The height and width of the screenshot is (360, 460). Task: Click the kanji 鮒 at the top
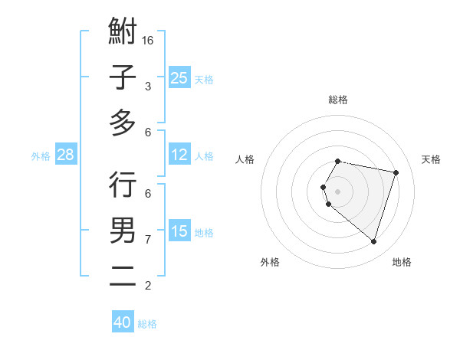(123, 33)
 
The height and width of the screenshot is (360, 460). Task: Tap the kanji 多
(123, 123)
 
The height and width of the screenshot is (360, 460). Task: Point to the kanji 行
(123, 185)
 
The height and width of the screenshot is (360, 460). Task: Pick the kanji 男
(123, 230)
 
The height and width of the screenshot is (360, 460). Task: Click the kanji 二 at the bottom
(123, 275)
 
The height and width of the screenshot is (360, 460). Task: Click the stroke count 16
(148, 40)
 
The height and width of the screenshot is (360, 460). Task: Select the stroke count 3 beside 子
(148, 87)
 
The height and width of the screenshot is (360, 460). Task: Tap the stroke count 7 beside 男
(148, 240)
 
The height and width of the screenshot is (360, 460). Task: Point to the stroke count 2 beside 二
(148, 286)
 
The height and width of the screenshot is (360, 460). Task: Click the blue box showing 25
(179, 78)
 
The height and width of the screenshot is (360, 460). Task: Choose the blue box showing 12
(179, 155)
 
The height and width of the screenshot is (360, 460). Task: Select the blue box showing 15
(179, 231)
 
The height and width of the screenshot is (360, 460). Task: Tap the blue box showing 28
(66, 155)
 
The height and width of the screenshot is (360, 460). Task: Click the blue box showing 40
(123, 322)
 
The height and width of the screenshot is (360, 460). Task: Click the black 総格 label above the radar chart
(337, 100)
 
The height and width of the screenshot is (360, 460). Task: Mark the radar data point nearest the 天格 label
(396, 172)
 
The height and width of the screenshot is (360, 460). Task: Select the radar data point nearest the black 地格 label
(373, 241)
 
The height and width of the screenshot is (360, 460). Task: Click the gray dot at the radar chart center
(337, 191)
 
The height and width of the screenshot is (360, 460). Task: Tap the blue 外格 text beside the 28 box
(41, 155)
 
